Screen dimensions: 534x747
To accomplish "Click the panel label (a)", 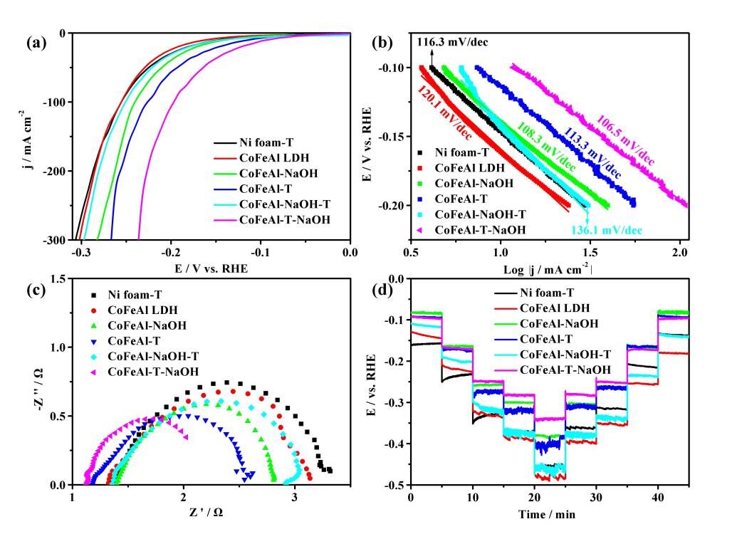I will (36, 43).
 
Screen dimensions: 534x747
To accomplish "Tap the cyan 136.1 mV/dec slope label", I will (605, 229).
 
